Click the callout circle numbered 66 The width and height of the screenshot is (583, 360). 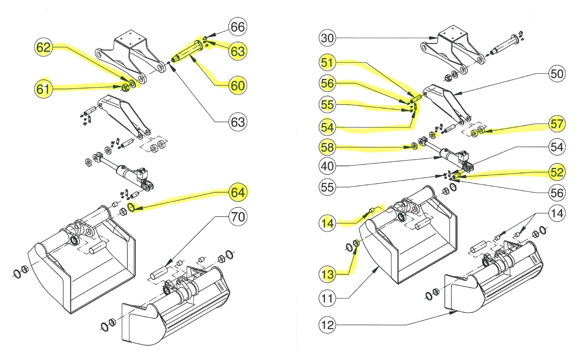(238, 27)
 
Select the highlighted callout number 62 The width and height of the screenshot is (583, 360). (43, 47)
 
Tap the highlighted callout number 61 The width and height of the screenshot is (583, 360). (43, 89)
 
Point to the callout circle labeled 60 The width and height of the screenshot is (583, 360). (238, 85)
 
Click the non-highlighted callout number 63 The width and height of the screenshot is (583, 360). (238, 122)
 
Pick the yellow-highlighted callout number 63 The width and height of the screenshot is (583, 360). (238, 51)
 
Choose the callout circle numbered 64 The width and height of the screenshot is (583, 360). (238, 192)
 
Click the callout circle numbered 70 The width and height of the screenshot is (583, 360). (238, 217)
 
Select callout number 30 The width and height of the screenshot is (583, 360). (327, 38)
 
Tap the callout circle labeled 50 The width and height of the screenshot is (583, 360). (557, 74)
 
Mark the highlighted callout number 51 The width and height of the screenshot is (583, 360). (327, 63)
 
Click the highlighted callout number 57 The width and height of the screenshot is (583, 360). (557, 124)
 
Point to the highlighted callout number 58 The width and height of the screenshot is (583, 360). (327, 147)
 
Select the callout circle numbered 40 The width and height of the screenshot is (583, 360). (327, 166)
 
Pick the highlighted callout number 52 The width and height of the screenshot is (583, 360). (557, 172)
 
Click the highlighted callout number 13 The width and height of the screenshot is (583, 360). (327, 274)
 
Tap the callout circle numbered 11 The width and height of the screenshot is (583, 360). (327, 299)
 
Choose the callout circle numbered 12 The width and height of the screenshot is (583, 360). (327, 325)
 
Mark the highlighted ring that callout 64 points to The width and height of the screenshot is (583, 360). (131, 207)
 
